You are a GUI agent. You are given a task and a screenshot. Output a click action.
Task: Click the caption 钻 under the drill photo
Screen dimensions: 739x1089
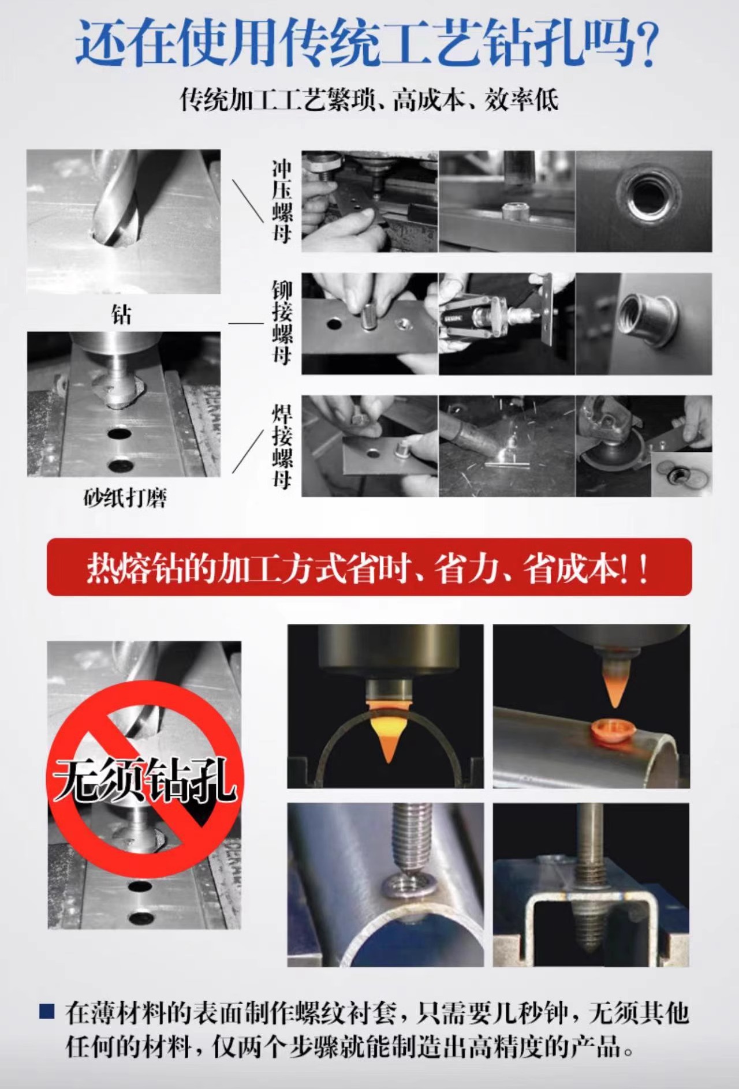(x=121, y=315)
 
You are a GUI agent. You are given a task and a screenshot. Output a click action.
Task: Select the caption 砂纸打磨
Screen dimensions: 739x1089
(x=125, y=497)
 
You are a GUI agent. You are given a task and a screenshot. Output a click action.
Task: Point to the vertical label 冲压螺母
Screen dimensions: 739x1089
(x=282, y=201)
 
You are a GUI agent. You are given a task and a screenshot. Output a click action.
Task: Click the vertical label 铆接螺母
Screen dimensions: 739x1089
(x=282, y=323)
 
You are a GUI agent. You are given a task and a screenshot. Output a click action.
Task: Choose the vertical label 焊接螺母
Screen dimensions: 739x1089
(x=282, y=447)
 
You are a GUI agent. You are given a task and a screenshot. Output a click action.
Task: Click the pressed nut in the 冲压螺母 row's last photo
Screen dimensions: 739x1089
(x=645, y=197)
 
